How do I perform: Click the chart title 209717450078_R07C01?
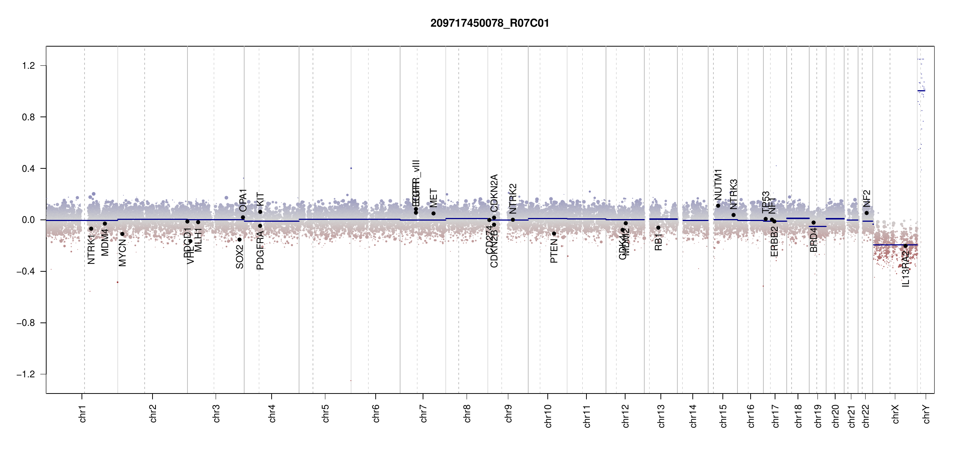pyautogui.click(x=490, y=23)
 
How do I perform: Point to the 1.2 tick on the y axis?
pyautogui.click(x=28, y=66)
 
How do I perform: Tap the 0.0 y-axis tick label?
pyautogui.click(x=28, y=220)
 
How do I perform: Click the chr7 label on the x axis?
pyautogui.click(x=423, y=413)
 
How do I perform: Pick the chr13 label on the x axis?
pyautogui.click(x=661, y=416)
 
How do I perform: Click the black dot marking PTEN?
pyautogui.click(x=554, y=234)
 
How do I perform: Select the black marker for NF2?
pyautogui.click(x=866, y=213)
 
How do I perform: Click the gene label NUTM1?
pyautogui.click(x=718, y=185)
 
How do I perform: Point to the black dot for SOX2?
pyautogui.click(x=240, y=240)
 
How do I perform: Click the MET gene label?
pyautogui.click(x=434, y=198)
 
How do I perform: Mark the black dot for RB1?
pyautogui.click(x=658, y=228)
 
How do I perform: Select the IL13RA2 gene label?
pyautogui.click(x=905, y=269)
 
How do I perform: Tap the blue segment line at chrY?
pyautogui.click(x=921, y=91)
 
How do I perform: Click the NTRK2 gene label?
pyautogui.click(x=513, y=199)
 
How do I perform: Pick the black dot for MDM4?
pyautogui.click(x=105, y=224)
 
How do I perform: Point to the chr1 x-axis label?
pyautogui.click(x=82, y=413)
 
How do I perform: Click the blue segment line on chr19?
pyautogui.click(x=817, y=227)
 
